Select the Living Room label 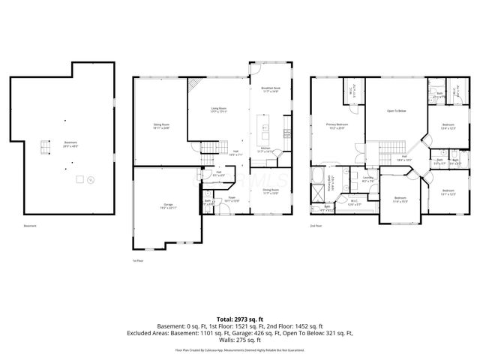pyautogui.click(x=218, y=110)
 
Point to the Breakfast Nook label pyautogui.click(x=271, y=89)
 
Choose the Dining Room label pyautogui.click(x=271, y=190)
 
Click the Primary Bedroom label pyautogui.click(x=337, y=125)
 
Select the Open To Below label pyautogui.click(x=396, y=111)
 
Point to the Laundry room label pyautogui.click(x=368, y=180)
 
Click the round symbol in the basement pyautogui.click(x=90, y=179)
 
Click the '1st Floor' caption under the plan pyautogui.click(x=137, y=260)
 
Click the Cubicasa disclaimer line pyautogui.click(x=239, y=349)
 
